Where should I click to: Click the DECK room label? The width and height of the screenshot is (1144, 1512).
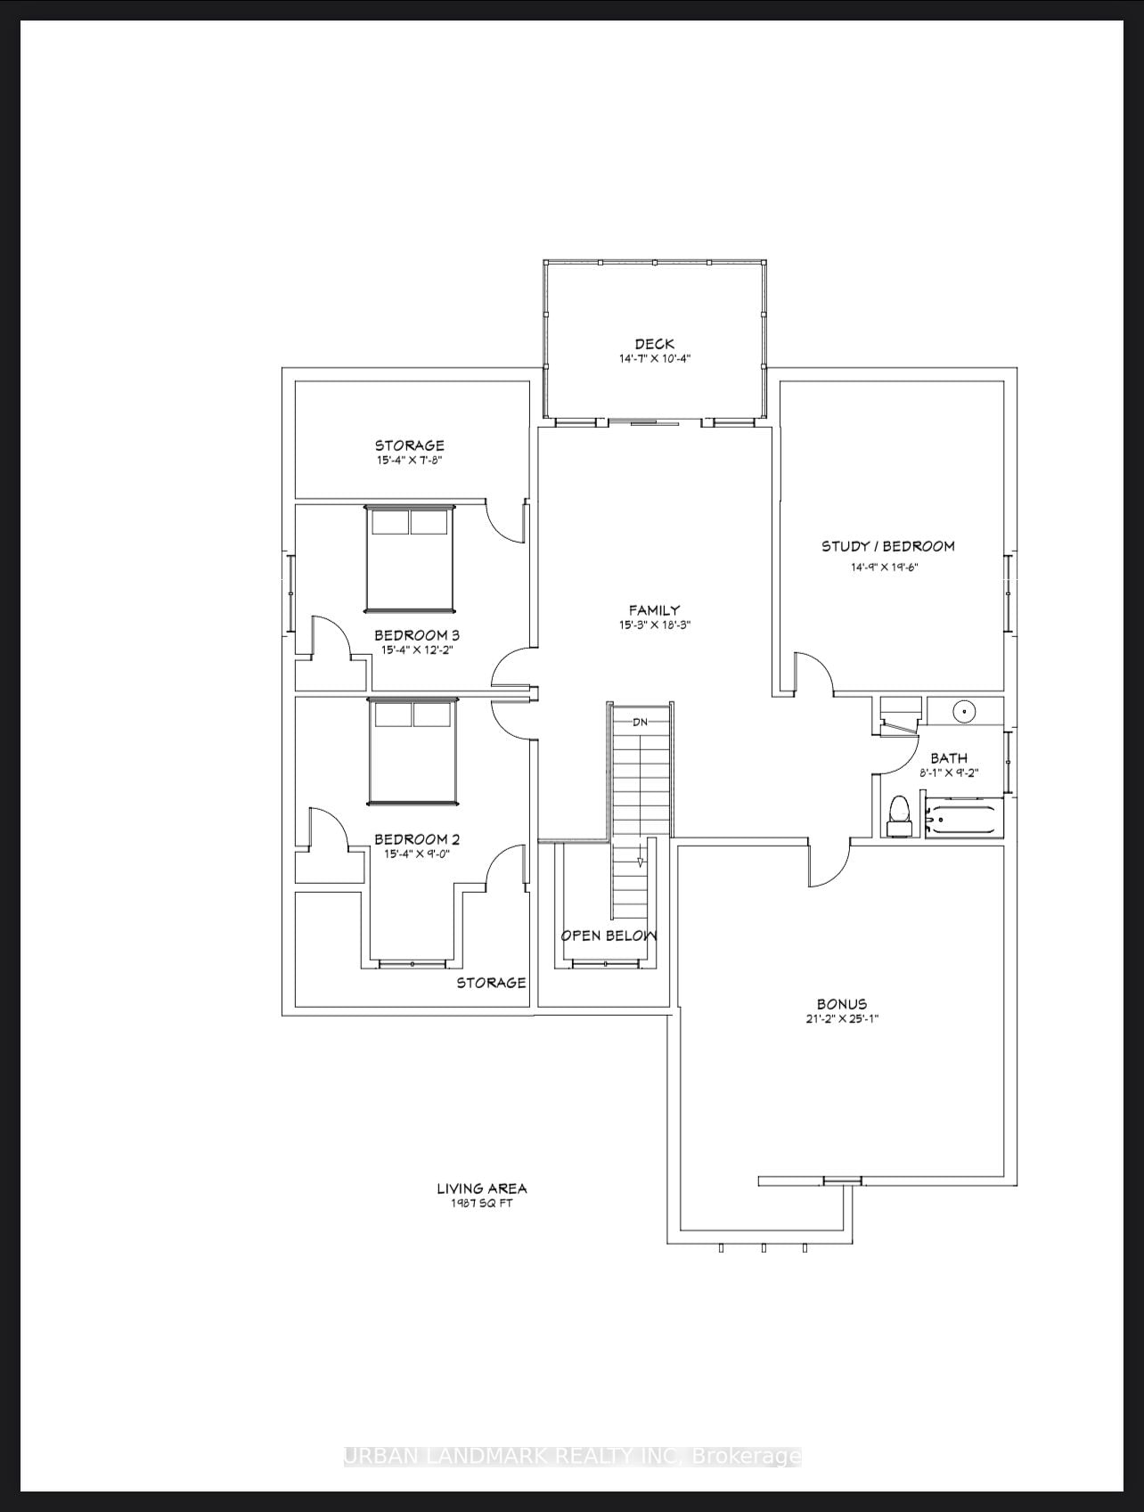654,344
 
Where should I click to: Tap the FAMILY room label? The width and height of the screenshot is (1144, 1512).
654,610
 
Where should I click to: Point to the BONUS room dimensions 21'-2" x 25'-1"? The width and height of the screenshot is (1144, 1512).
842,1018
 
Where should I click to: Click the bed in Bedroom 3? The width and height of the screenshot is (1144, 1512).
409,559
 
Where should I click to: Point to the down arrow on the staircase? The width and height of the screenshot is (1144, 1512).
640,862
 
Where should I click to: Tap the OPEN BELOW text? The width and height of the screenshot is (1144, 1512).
609,936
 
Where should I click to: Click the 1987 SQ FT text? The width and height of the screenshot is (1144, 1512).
481,1203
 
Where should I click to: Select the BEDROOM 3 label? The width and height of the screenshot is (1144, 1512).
416,635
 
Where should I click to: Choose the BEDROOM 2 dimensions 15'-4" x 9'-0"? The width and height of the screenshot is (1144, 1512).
416,854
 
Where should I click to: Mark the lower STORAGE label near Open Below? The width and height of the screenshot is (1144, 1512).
491,983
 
